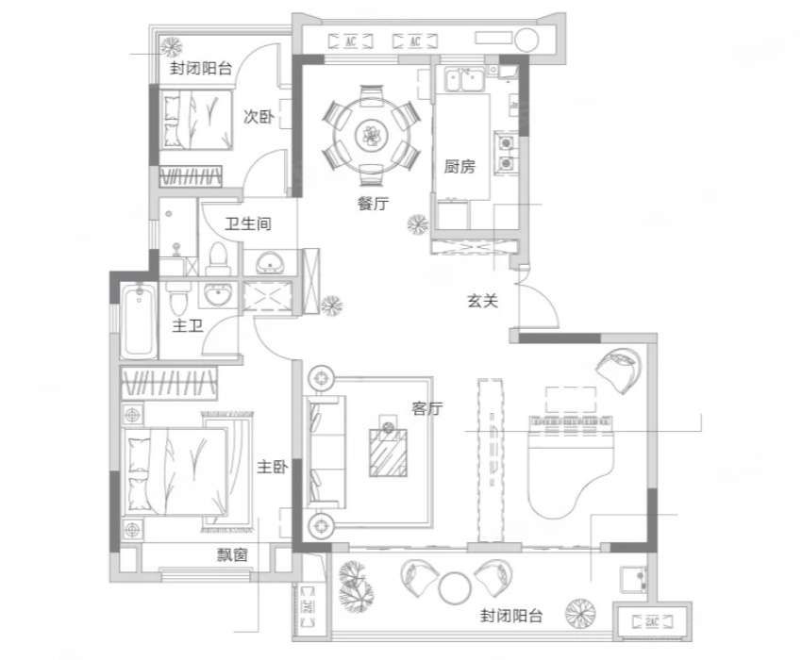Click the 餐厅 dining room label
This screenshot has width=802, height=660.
(373, 204)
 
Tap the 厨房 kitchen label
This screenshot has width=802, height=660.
(459, 166)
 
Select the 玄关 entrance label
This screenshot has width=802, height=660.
(482, 301)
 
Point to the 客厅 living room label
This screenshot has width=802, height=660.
(427, 408)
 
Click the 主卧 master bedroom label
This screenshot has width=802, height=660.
(272, 467)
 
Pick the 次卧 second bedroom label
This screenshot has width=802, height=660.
(259, 117)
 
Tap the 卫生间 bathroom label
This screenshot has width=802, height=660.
(248, 223)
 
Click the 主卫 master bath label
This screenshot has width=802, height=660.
(187, 325)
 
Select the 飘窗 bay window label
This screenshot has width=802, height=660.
(232, 554)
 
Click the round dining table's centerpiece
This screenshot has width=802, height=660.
(372, 136)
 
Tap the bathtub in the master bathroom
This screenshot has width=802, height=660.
(139, 321)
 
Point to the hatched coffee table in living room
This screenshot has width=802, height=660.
(388, 453)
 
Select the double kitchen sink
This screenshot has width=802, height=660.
(464, 80)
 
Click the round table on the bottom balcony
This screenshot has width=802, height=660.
(455, 588)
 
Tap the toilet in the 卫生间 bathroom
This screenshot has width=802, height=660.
(217, 258)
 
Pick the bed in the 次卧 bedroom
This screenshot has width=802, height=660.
(196, 120)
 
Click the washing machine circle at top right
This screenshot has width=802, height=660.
(526, 40)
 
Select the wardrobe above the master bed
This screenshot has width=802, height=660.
(169, 383)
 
